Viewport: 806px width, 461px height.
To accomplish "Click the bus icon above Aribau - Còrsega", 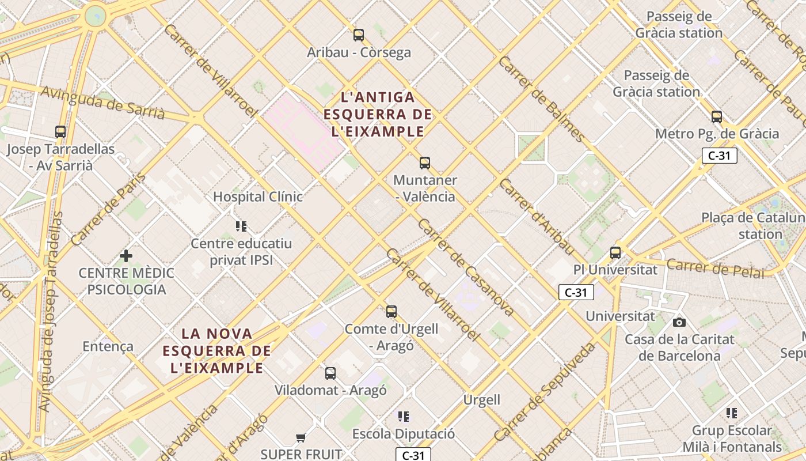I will coord(359,35).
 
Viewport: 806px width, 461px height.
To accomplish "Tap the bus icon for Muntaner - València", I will coord(425,163).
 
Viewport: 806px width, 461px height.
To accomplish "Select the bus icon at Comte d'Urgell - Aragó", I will coord(391,312).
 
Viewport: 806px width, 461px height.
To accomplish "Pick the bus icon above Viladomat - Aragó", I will coord(330,373).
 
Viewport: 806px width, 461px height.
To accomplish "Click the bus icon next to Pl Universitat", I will coord(615,252).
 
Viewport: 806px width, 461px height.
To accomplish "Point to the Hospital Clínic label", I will coord(258,197).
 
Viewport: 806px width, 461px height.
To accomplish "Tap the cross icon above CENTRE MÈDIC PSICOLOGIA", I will coord(126,256).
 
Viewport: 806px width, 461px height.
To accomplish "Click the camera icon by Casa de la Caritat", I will coord(679,322).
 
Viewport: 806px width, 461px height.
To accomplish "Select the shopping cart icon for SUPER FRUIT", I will coord(301,438).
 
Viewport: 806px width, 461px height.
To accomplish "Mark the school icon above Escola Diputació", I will coord(404,416).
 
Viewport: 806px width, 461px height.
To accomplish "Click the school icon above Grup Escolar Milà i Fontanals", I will coord(732,413).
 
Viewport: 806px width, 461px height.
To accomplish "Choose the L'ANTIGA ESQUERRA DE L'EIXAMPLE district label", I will coord(378,114).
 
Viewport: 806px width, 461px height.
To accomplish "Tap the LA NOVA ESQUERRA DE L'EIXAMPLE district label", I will coord(216,350).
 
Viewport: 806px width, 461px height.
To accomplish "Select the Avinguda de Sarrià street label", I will coord(102,103).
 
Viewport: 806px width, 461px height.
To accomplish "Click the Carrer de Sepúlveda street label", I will coord(545,392).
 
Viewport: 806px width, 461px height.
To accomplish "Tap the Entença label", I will coord(108,346).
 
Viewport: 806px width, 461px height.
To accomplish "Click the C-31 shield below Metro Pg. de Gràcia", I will coord(719,155).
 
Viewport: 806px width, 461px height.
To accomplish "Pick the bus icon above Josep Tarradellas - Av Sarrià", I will coord(60,132).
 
